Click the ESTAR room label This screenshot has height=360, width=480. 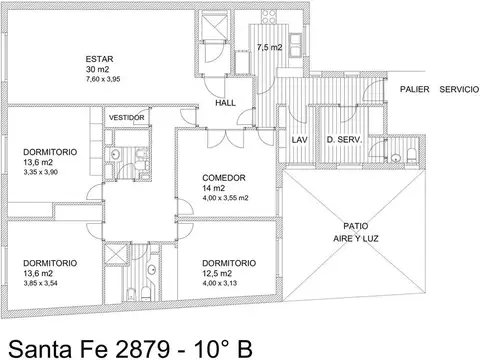[99, 59]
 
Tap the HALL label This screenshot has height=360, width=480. [225, 103]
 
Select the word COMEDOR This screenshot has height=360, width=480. [224, 178]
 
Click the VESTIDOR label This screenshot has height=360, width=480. [127, 118]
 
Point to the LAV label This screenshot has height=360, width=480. [299, 140]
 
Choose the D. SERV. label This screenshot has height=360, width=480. [344, 140]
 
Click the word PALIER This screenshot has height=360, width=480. [415, 89]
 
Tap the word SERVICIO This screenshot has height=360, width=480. [459, 89]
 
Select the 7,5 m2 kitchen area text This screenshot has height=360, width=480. [269, 47]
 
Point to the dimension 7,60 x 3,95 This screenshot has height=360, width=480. [103, 79]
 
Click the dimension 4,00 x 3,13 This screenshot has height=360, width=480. [220, 283]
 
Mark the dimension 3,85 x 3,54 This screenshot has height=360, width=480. [41, 283]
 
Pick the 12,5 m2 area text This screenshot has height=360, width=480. [217, 274]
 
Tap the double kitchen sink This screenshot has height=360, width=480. [295, 45]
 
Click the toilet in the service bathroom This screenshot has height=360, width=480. [412, 155]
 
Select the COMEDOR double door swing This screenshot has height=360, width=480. [226, 138]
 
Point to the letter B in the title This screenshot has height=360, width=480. [244, 349]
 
